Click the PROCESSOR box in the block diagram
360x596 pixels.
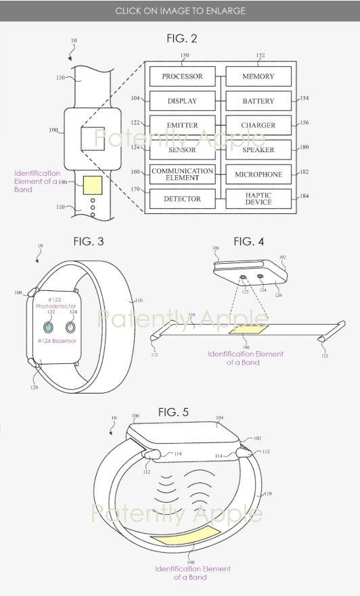pyautogui.click(x=183, y=76)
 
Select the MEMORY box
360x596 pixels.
pyautogui.click(x=258, y=76)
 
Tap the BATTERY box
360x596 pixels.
pyautogui.click(x=258, y=101)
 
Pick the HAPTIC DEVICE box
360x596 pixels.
pyautogui.click(x=258, y=199)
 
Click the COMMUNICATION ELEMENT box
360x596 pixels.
pyautogui.click(x=183, y=175)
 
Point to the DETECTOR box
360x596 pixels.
pyautogui.click(x=183, y=199)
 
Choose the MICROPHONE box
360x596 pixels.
pyautogui.click(x=258, y=175)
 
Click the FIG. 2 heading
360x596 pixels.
pyautogui.click(x=182, y=39)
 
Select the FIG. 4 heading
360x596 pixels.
pyautogui.click(x=248, y=242)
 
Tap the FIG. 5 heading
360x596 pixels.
pyautogui.click(x=173, y=412)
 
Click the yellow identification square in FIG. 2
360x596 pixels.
pyautogui.click(x=93, y=185)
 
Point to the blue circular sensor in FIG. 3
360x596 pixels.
pyautogui.click(x=48, y=327)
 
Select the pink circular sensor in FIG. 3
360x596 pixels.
pyautogui.click(x=70, y=327)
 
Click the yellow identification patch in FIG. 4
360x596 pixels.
pyautogui.click(x=248, y=329)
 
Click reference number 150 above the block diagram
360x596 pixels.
pyautogui.click(x=184, y=55)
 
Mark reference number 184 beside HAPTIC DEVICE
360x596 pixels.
pyautogui.click(x=304, y=196)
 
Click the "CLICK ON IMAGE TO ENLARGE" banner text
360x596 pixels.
pyautogui.click(x=180, y=11)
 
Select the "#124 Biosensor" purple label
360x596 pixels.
pyautogui.click(x=57, y=341)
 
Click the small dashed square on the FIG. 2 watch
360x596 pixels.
pyautogui.click(x=93, y=139)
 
